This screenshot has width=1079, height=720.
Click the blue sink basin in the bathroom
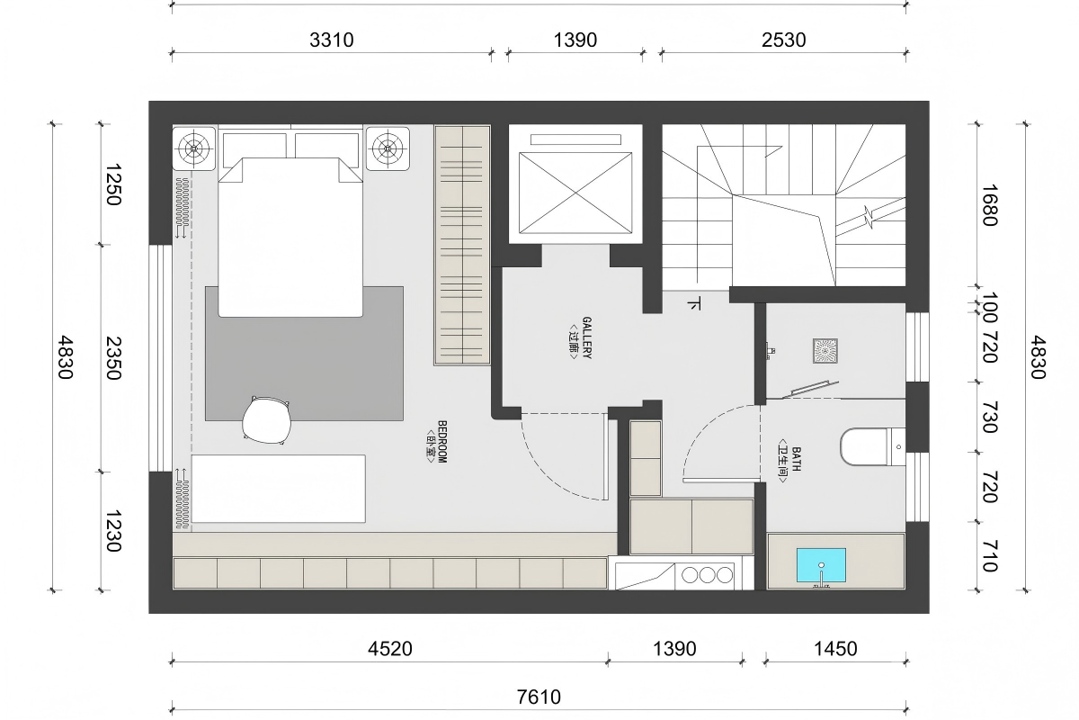coord(821,564)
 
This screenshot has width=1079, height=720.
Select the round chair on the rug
coord(266,420)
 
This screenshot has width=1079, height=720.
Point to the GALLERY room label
coord(579,338)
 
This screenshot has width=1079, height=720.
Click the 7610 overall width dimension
coord(539,697)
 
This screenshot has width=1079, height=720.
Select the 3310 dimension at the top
coord(332,40)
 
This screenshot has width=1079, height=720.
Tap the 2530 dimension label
coord(784,40)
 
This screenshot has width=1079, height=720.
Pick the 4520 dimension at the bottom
coord(390,649)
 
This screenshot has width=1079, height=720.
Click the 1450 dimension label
coord(835,649)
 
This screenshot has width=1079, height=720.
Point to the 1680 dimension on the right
coord(989,205)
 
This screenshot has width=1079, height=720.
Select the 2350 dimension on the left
coord(113,358)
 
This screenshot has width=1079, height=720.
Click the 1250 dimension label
coord(113,184)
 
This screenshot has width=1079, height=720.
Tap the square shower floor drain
coord(825,351)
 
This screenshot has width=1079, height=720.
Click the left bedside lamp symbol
coord(193,148)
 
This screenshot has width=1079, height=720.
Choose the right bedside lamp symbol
coord(388,148)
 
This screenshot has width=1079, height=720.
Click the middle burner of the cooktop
coord(707,575)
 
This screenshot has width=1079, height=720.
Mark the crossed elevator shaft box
coord(575,193)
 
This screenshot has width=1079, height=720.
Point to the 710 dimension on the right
coord(989,556)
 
